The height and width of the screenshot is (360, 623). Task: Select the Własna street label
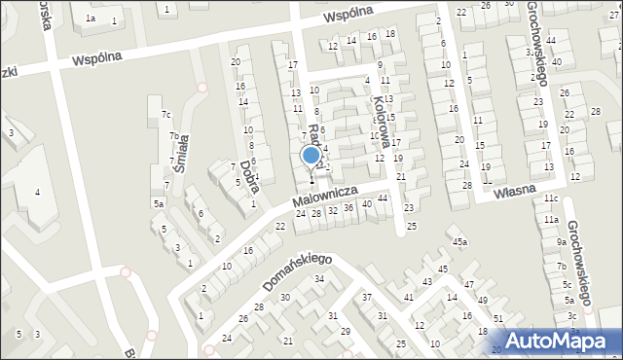pyautogui.click(x=514, y=192)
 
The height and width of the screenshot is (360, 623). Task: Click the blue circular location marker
pyautogui.click(x=311, y=155)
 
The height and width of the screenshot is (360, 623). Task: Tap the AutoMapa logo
pyautogui.click(x=561, y=341)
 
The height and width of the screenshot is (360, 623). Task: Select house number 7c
pyautogui.click(x=166, y=115)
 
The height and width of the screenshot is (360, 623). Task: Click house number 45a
pyautogui.click(x=459, y=241)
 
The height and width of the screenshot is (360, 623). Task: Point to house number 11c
pyautogui.click(x=551, y=198)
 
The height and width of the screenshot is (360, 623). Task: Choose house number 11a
pyautogui.click(x=551, y=220)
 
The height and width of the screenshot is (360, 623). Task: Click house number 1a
pyautogui.click(x=90, y=18)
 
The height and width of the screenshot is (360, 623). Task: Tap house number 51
pyautogui.click(x=497, y=319)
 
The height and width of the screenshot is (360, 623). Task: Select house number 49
pyautogui.click(x=484, y=301)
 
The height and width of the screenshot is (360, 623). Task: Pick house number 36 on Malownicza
pyautogui.click(x=348, y=208)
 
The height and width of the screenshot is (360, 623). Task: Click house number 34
pyautogui.click(x=318, y=279)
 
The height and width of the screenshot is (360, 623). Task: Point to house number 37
pyautogui.click(x=367, y=297)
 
